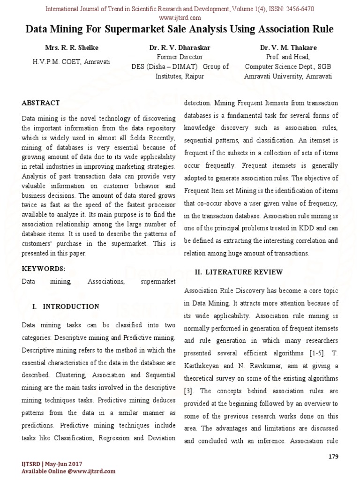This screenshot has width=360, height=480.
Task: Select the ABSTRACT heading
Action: coord(41,103)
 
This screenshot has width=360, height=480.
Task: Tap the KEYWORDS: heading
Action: coord(44,269)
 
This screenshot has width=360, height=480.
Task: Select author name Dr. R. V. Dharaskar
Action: coord(180,48)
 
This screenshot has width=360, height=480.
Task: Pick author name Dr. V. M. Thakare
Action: coord(288,48)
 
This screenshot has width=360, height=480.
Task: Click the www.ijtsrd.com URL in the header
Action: coord(180,18)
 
